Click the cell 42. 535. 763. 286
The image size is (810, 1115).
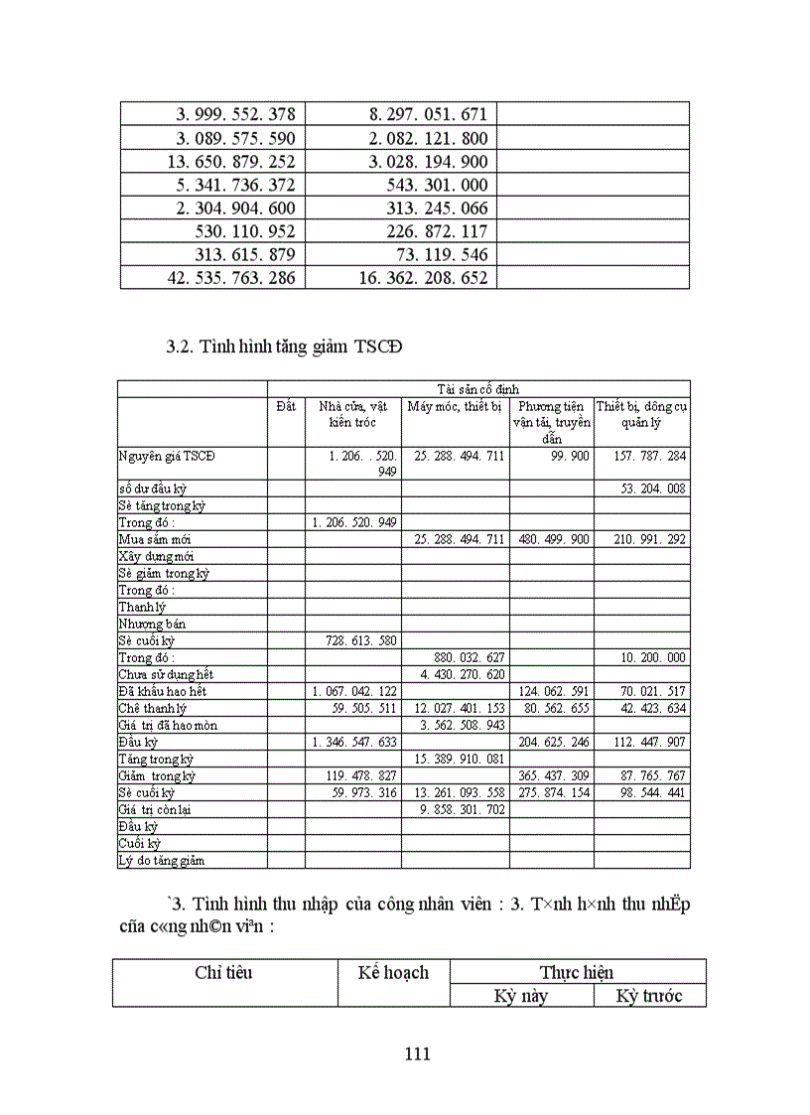[x=232, y=278]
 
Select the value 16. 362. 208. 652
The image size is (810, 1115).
[x=424, y=278]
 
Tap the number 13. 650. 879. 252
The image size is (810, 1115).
[x=232, y=161]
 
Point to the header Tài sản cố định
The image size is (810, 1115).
[x=477, y=389]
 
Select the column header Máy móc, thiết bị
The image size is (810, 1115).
[x=455, y=405]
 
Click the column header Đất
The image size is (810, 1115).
[x=286, y=405]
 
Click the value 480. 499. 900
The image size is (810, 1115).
[x=552, y=539]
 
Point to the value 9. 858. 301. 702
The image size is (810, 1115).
[x=456, y=810]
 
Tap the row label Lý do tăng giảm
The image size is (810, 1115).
[x=161, y=861]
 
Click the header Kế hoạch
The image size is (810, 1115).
[x=393, y=972]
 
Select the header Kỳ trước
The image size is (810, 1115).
[x=649, y=996]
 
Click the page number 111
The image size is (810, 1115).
[x=418, y=1054]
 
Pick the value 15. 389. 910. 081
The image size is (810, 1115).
[x=456, y=760]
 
